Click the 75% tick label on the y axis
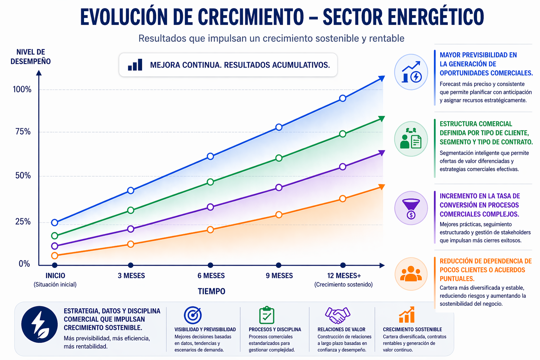click(x=23, y=132)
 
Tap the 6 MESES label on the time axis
click(x=211, y=276)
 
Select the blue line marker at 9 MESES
click(x=279, y=127)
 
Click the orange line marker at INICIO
click(x=54, y=256)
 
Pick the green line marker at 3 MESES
click(x=131, y=210)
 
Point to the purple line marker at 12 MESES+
click(x=343, y=167)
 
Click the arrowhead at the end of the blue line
click(x=381, y=78)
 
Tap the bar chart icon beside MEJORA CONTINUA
click(x=135, y=65)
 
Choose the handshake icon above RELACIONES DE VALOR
click(x=337, y=315)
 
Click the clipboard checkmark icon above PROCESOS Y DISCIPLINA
click(x=266, y=315)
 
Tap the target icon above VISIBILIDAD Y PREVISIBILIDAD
click(x=193, y=315)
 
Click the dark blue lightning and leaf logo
click(x=39, y=324)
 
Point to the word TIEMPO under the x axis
click(x=211, y=291)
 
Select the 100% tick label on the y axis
click(x=22, y=89)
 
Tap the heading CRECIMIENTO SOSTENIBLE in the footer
click(x=412, y=329)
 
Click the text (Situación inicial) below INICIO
click(x=55, y=284)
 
